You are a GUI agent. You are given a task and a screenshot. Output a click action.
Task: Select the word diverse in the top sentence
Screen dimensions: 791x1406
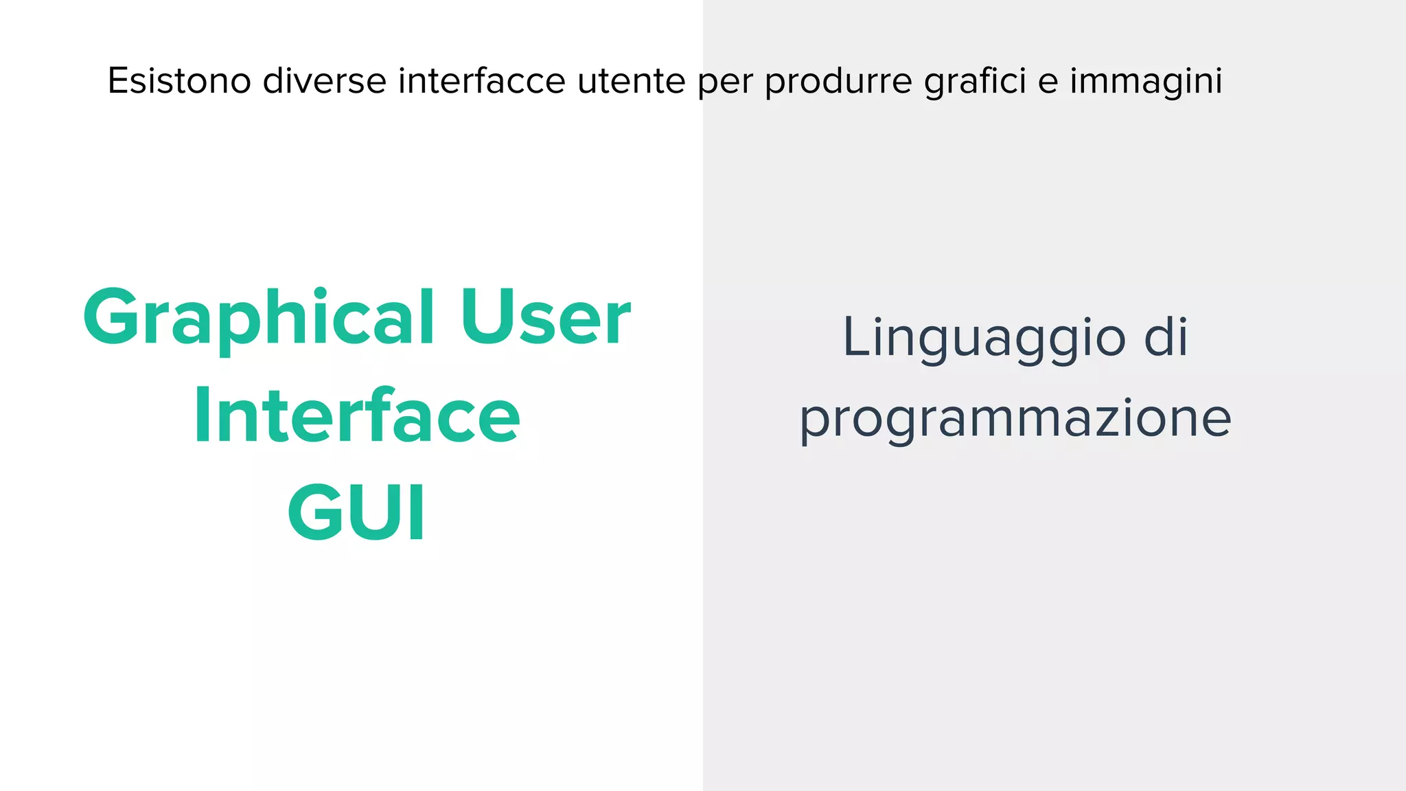tap(325, 81)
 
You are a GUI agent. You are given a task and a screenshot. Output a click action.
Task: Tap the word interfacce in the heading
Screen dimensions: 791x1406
tap(481, 81)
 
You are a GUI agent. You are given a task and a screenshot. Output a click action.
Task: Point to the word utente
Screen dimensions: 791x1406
tap(631, 81)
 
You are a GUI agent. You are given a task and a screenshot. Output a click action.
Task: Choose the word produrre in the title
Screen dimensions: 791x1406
tap(838, 81)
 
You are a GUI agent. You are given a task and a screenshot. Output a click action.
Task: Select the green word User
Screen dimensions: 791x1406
tap(545, 317)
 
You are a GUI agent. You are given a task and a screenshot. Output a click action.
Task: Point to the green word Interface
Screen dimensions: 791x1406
tap(357, 416)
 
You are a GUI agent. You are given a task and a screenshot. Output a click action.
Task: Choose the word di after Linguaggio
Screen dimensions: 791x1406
tap(1166, 337)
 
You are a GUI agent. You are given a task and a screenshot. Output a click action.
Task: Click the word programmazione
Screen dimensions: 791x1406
tap(1015, 419)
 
